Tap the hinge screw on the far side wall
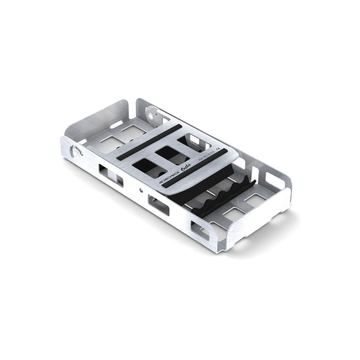pos(150,115)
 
